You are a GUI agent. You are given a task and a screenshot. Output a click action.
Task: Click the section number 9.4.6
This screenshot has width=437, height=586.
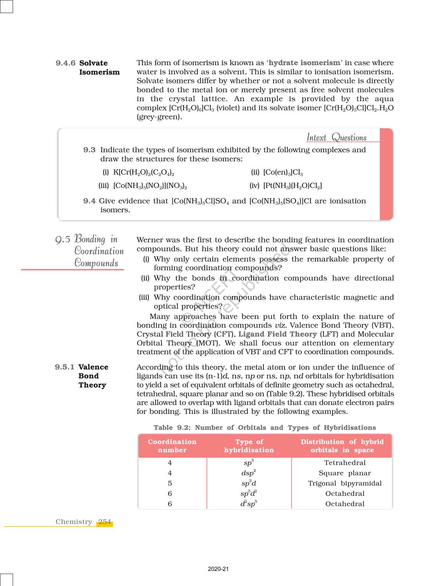tap(65, 63)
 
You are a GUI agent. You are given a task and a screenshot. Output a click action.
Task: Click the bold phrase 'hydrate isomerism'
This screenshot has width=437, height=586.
tap(304, 63)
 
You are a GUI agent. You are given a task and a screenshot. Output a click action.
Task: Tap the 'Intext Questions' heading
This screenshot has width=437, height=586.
tap(336, 137)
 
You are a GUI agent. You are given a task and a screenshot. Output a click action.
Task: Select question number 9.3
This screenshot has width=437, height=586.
tap(89, 150)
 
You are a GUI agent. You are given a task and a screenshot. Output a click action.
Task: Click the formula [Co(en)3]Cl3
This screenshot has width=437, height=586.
tap(283, 172)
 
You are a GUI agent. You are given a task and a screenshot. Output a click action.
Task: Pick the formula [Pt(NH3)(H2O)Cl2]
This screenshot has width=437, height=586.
tap(292, 186)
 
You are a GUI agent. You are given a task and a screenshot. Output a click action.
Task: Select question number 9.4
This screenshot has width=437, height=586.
tap(89, 201)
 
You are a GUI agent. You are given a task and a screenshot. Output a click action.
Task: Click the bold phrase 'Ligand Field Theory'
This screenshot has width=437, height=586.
tap(277, 334)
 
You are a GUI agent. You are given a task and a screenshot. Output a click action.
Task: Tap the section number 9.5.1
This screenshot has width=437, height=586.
tap(64, 367)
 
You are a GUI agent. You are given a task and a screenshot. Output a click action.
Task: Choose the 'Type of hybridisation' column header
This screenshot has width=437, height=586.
tap(249, 446)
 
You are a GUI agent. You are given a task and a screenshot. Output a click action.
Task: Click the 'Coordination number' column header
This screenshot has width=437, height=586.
tap(172, 446)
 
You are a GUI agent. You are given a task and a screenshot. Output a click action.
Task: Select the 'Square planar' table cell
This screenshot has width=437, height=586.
tap(344, 473)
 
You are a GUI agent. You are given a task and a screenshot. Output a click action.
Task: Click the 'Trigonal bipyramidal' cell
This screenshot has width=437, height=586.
tap(344, 483)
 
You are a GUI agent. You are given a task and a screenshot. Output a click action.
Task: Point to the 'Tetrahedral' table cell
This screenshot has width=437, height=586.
tap(345, 463)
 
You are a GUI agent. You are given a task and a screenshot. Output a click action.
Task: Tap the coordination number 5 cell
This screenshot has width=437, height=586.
tap(170, 483)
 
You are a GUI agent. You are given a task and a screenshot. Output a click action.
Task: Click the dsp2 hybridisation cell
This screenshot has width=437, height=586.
tap(248, 473)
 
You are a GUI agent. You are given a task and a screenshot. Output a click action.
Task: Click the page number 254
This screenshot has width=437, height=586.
tap(105, 522)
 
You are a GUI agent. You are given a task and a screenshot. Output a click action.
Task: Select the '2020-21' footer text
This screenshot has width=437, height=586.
tap(218, 569)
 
